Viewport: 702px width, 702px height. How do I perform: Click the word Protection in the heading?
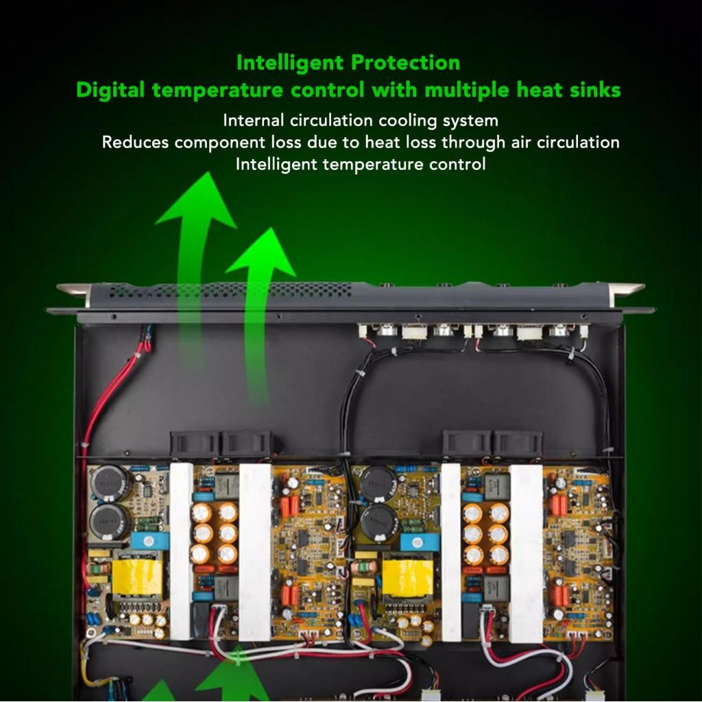[x=405, y=63]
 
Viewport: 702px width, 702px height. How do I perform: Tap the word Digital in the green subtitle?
[x=110, y=90]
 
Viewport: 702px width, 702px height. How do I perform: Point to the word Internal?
[x=253, y=121]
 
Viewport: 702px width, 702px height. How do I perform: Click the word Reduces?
[x=135, y=143]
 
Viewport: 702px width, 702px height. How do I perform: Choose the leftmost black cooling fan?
[x=195, y=444]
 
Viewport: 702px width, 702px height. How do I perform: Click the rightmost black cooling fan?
[x=518, y=444]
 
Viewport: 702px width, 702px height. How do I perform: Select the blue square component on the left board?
[x=145, y=540]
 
